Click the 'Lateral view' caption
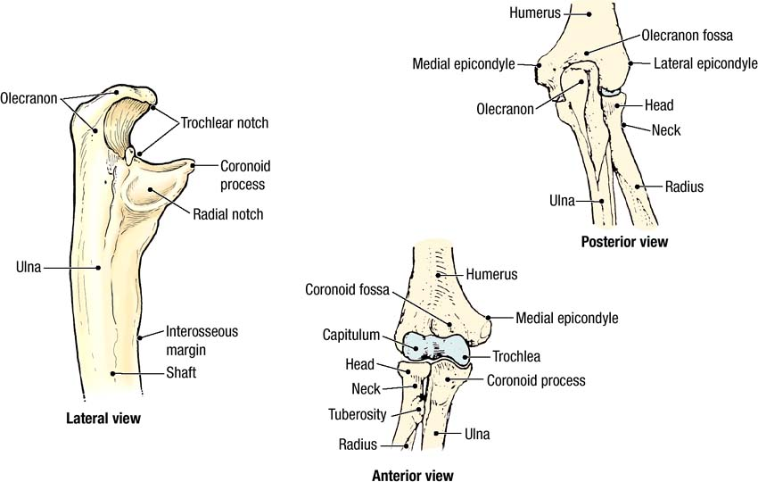[x=103, y=418]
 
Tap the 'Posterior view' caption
[x=623, y=241]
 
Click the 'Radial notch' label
[x=227, y=214]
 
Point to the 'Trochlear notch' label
[x=224, y=122]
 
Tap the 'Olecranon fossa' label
[x=687, y=37]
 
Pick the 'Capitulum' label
[x=352, y=336]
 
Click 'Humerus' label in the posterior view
[x=534, y=12]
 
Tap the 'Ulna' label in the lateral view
[x=29, y=265]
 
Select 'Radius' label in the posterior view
[x=684, y=187]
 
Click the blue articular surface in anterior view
[x=437, y=345]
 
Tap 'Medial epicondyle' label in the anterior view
[x=566, y=317]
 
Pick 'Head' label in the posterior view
[x=658, y=105]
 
